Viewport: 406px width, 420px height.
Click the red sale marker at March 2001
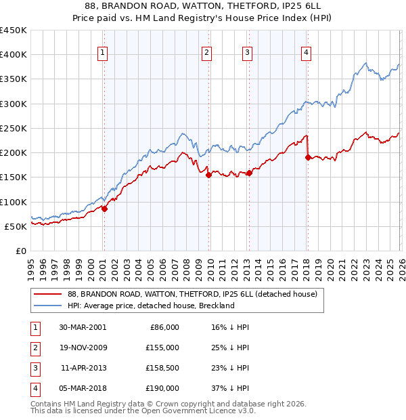coord(105,209)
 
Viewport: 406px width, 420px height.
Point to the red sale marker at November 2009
coord(208,175)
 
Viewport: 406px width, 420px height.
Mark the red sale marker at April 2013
coord(249,173)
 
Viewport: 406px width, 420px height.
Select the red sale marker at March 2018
coord(308,158)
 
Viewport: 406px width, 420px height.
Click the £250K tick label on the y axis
coord(14,128)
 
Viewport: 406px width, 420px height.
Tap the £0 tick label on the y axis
coord(20,251)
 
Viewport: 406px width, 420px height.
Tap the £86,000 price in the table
coord(164,327)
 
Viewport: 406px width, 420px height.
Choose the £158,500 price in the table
coord(162,368)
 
